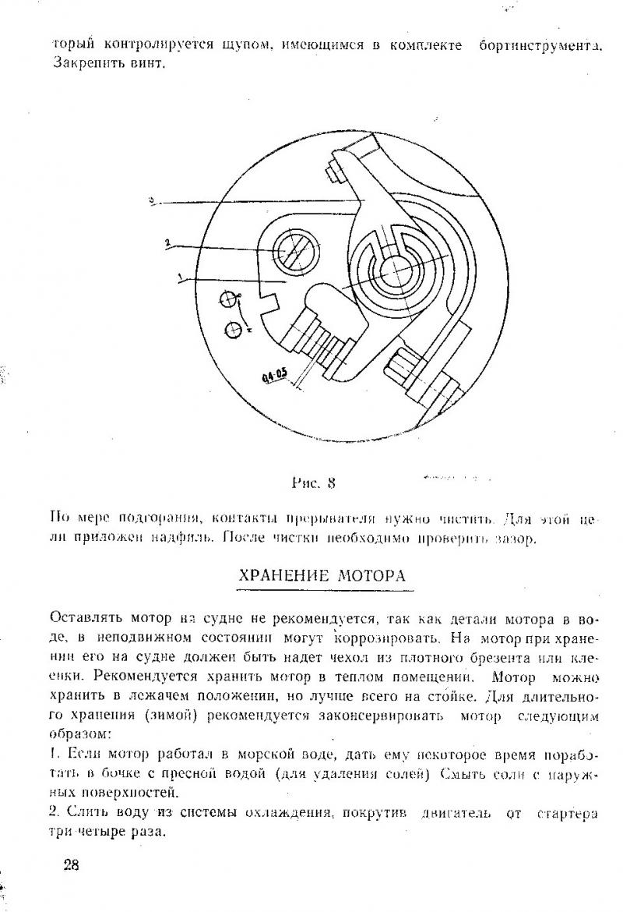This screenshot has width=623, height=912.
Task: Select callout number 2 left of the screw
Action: click(x=167, y=243)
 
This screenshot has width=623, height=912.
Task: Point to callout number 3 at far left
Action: click(x=152, y=200)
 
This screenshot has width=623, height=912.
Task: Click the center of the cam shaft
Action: click(x=395, y=270)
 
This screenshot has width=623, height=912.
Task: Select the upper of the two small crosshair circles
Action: click(x=227, y=299)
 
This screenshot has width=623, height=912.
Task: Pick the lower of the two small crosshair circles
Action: click(x=232, y=330)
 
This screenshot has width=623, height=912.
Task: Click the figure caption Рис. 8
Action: click(x=313, y=482)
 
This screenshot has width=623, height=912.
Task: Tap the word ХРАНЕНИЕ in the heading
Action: click(x=286, y=577)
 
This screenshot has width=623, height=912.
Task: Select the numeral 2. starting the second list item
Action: click(x=55, y=812)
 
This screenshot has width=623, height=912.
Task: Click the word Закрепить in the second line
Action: click(x=80, y=62)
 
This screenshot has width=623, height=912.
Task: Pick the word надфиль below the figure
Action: click(x=185, y=537)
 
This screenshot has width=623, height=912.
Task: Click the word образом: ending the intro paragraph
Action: click(x=80, y=734)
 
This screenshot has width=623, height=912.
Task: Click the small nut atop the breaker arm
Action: click(x=336, y=168)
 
